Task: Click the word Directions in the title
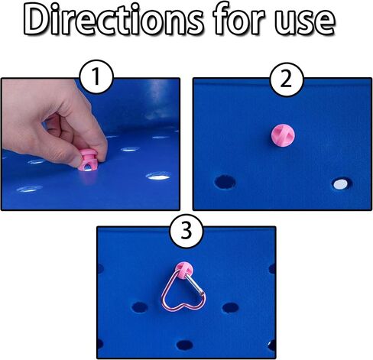coord(113,20)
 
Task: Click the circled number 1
coord(96,76)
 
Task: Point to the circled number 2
coord(287,79)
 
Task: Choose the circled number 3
coord(186,231)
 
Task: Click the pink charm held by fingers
coord(88,160)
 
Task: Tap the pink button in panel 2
coord(283,135)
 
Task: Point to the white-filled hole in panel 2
coord(342,184)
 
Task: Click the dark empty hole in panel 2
coord(225,182)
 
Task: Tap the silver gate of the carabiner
coord(195,284)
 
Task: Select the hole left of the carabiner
coord(140,307)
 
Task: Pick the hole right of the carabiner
coord(230,308)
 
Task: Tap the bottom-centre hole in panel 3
coord(184,345)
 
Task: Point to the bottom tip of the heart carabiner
coord(183,304)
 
